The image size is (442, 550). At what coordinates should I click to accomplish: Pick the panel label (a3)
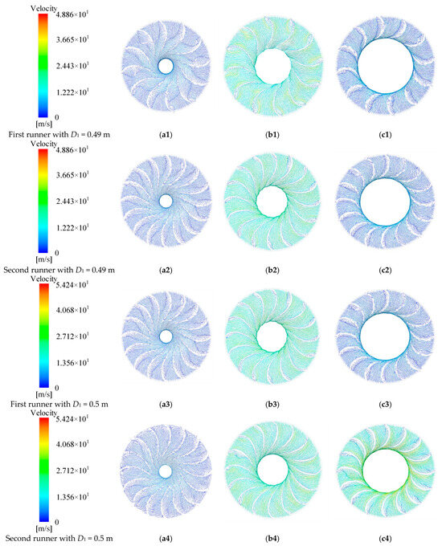tap(166, 401)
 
